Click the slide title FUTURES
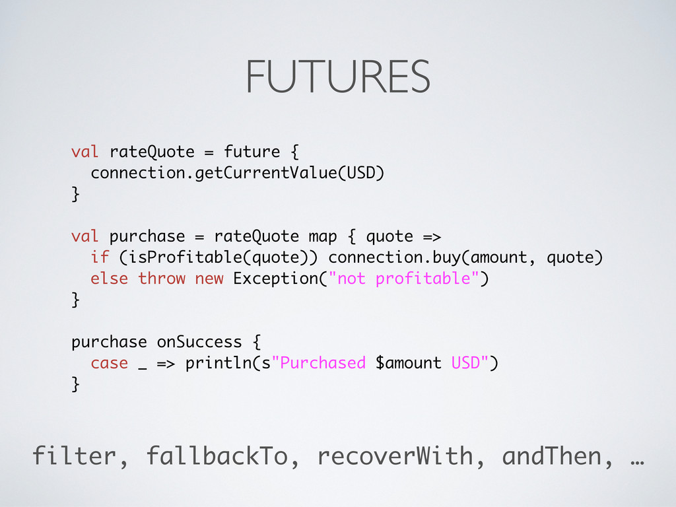click(x=337, y=77)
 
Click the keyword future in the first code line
click(x=252, y=152)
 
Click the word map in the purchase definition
click(x=323, y=236)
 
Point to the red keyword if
click(x=100, y=257)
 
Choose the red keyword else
click(x=110, y=279)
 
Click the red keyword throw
click(x=162, y=279)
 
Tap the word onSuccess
click(x=199, y=342)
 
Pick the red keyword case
click(x=110, y=363)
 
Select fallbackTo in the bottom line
click(x=217, y=456)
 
